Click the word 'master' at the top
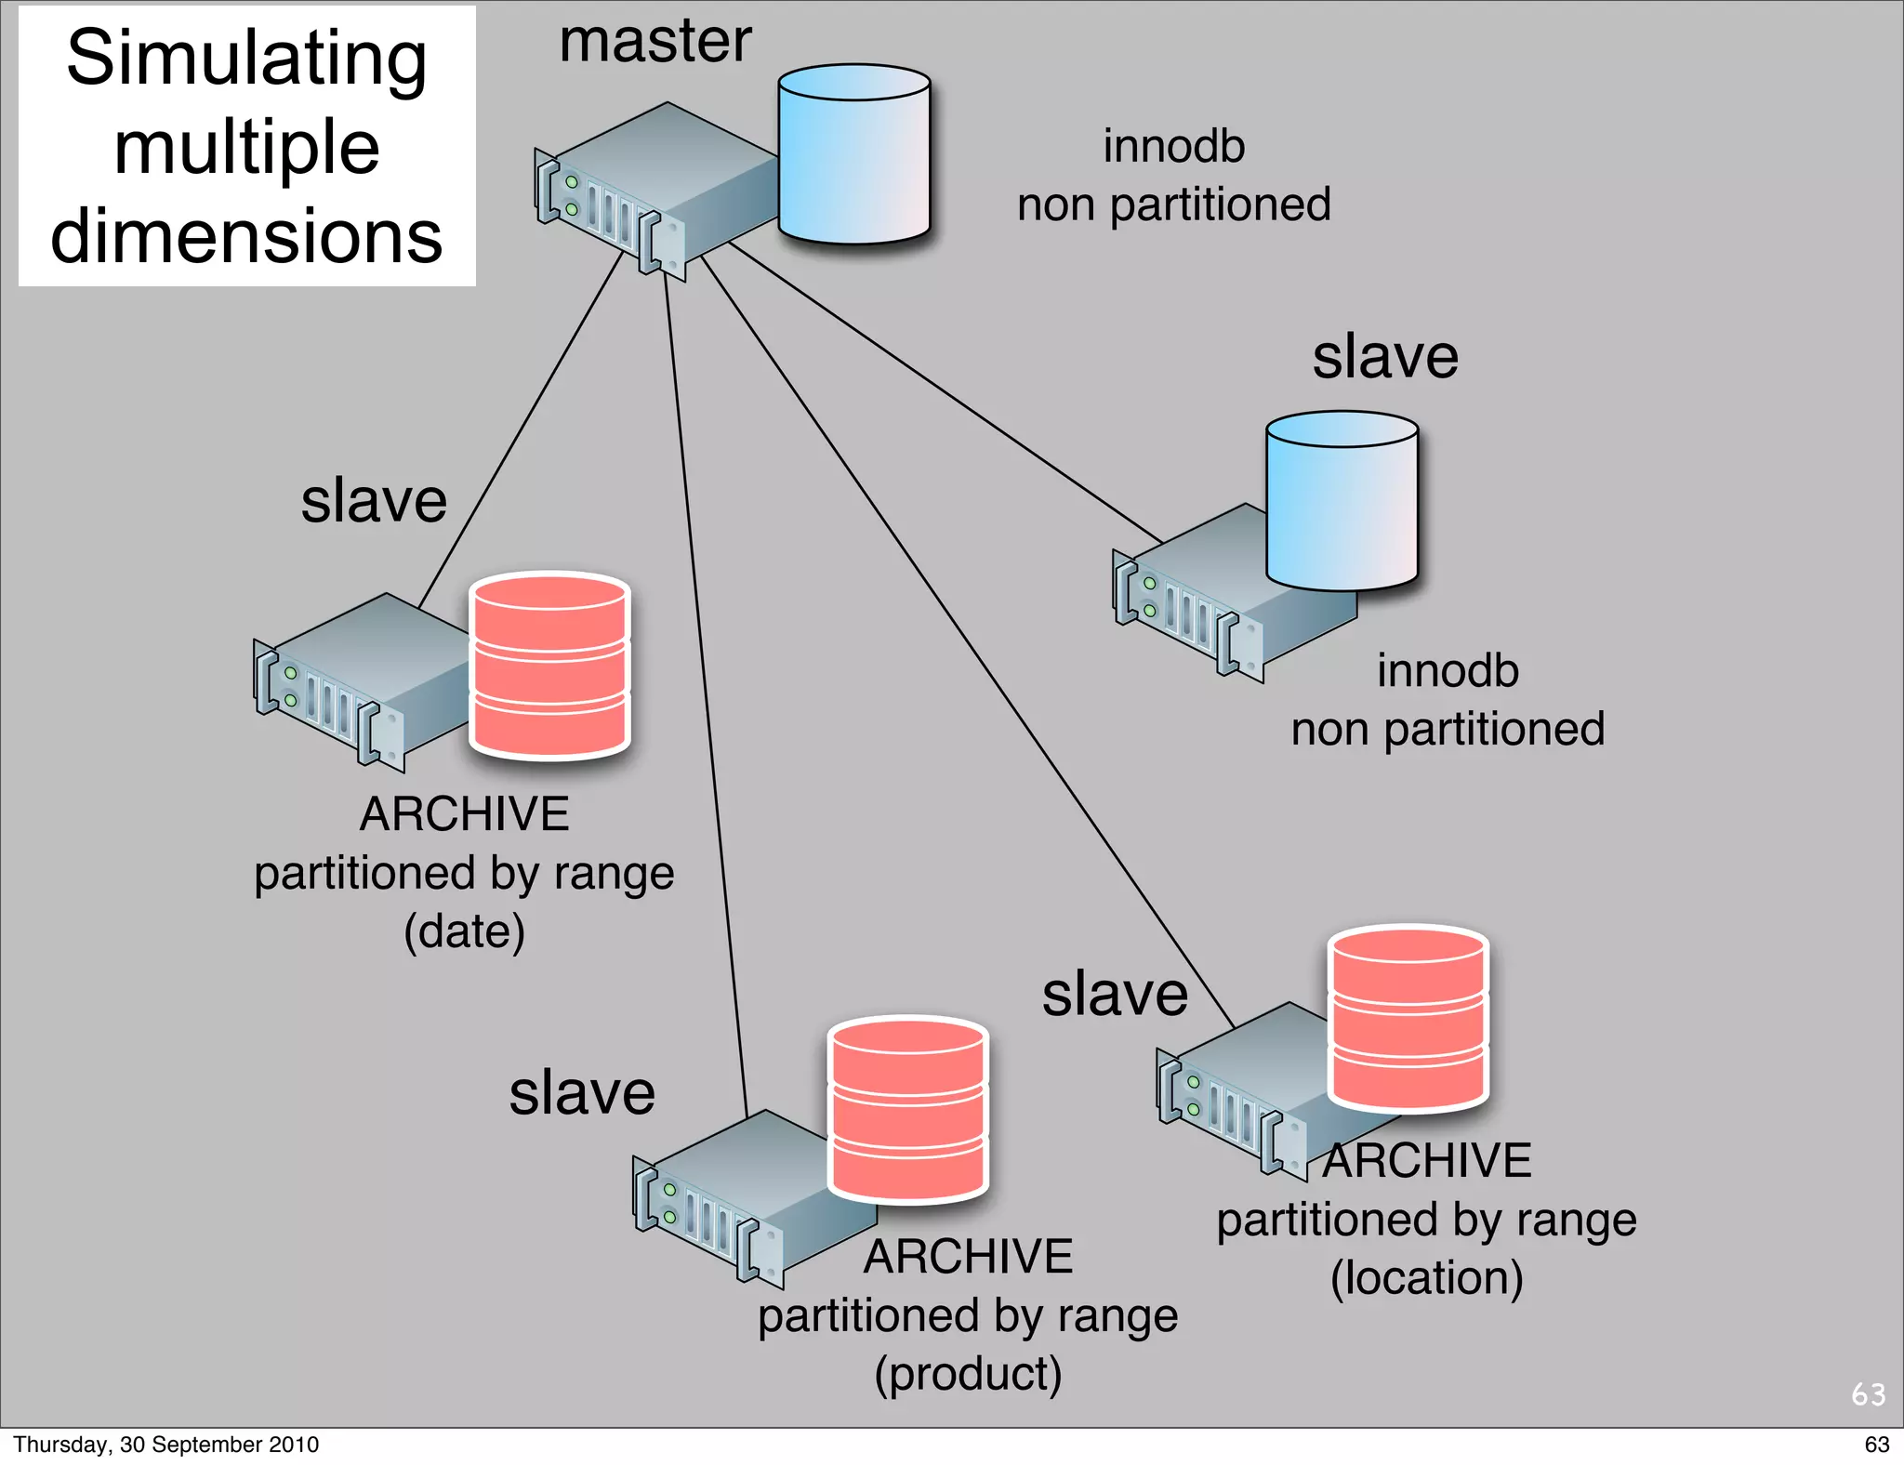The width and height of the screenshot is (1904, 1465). click(654, 42)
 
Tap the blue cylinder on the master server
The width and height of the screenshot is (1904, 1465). click(853, 154)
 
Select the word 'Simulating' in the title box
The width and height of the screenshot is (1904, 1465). click(246, 59)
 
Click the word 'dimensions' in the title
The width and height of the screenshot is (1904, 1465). click(246, 236)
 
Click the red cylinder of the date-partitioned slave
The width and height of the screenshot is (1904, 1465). click(549, 666)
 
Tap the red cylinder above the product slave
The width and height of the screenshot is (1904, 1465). click(907, 1109)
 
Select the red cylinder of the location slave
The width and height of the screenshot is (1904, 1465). click(1408, 1018)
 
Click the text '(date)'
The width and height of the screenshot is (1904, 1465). click(464, 931)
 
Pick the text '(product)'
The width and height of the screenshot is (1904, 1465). click(968, 1374)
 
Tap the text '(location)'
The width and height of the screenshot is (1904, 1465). click(1426, 1277)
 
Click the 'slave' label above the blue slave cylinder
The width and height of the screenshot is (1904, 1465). click(1385, 357)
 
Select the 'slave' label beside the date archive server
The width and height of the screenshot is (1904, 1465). click(374, 501)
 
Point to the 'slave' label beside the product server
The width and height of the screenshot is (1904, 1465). click(582, 1093)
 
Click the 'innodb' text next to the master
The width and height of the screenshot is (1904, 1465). click(1173, 147)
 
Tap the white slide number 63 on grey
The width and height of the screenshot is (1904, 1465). click(1868, 1394)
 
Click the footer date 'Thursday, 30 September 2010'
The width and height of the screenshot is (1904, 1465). click(165, 1445)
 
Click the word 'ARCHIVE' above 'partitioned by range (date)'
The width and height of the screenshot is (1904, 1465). click(464, 814)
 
